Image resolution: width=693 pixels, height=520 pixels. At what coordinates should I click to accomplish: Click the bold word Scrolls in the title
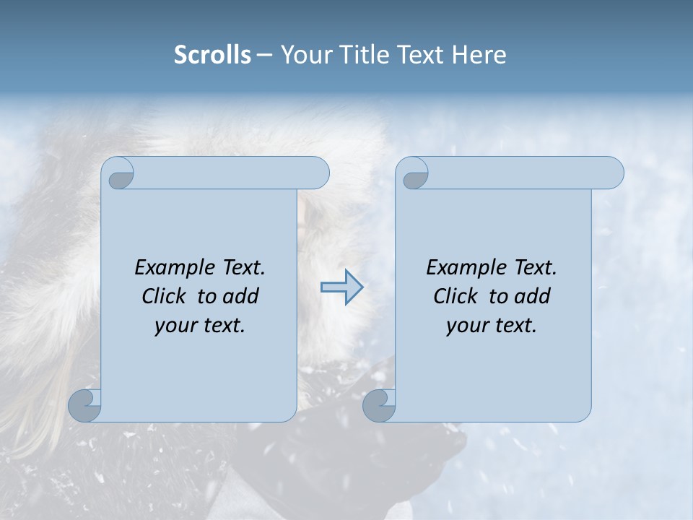212,55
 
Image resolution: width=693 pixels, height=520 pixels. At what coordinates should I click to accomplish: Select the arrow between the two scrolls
341,287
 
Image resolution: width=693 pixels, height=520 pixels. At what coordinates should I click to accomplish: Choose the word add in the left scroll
241,296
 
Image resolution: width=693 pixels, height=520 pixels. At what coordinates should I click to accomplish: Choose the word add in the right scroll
533,296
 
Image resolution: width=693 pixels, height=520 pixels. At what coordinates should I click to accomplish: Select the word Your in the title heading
302,55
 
